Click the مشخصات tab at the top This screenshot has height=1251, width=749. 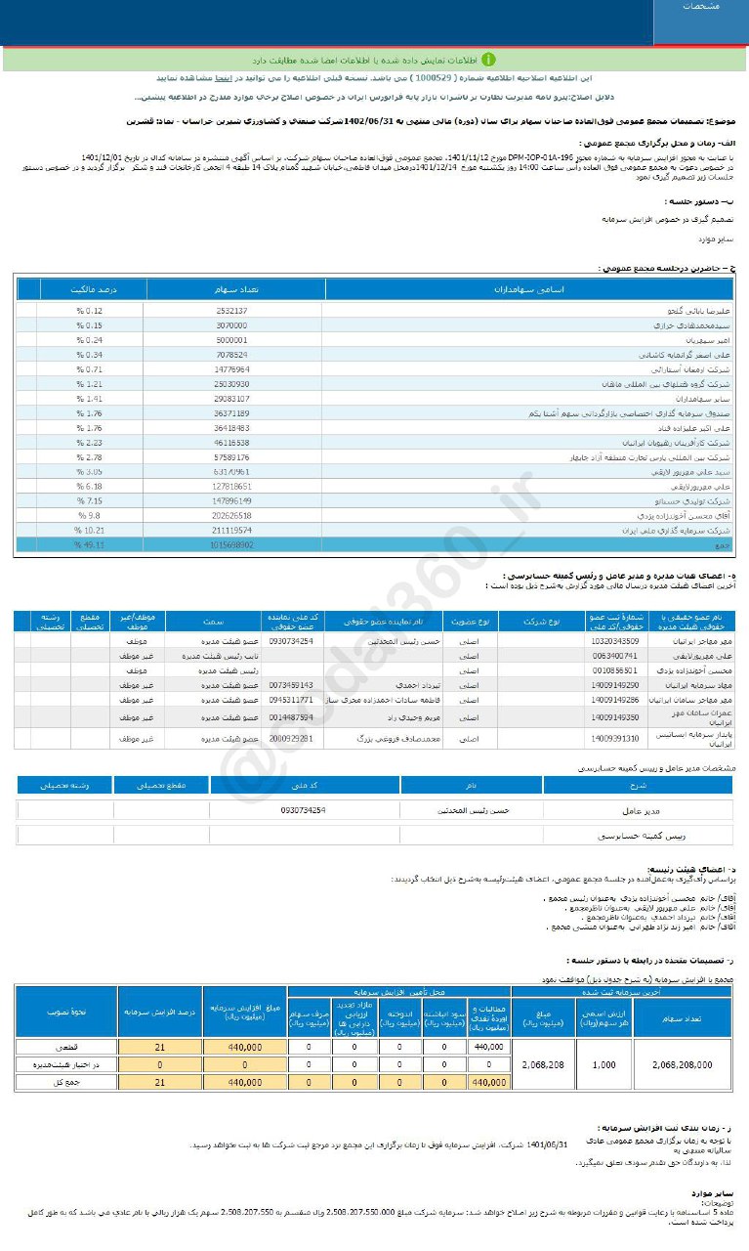coord(699,8)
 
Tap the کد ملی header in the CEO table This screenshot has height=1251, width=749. coord(305,785)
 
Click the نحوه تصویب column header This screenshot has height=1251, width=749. coord(65,1012)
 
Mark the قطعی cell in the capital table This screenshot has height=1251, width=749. coord(65,1047)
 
